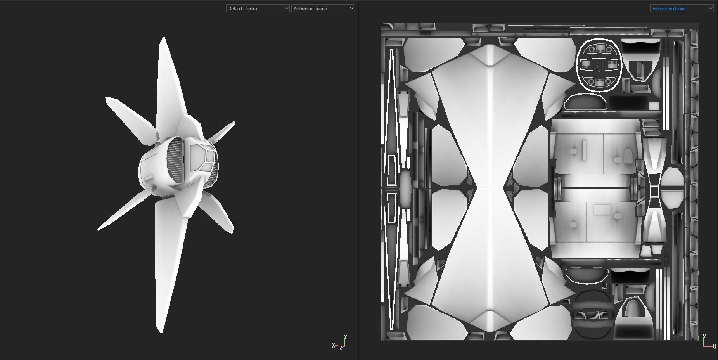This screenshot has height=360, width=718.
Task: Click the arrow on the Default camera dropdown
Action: (286, 8)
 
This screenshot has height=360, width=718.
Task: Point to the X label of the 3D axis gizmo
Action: (333, 345)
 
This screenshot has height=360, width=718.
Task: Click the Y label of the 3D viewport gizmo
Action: (345, 337)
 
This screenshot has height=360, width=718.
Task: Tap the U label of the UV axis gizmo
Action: (715, 346)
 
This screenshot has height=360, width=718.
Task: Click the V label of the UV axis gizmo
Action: (704, 336)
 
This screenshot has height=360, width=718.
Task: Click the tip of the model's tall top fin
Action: (163, 38)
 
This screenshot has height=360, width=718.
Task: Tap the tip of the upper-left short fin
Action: (106, 98)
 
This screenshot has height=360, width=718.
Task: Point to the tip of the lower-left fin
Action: (99, 230)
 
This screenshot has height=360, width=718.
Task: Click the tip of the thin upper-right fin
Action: (235, 122)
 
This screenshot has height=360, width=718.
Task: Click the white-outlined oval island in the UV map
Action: (599, 65)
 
